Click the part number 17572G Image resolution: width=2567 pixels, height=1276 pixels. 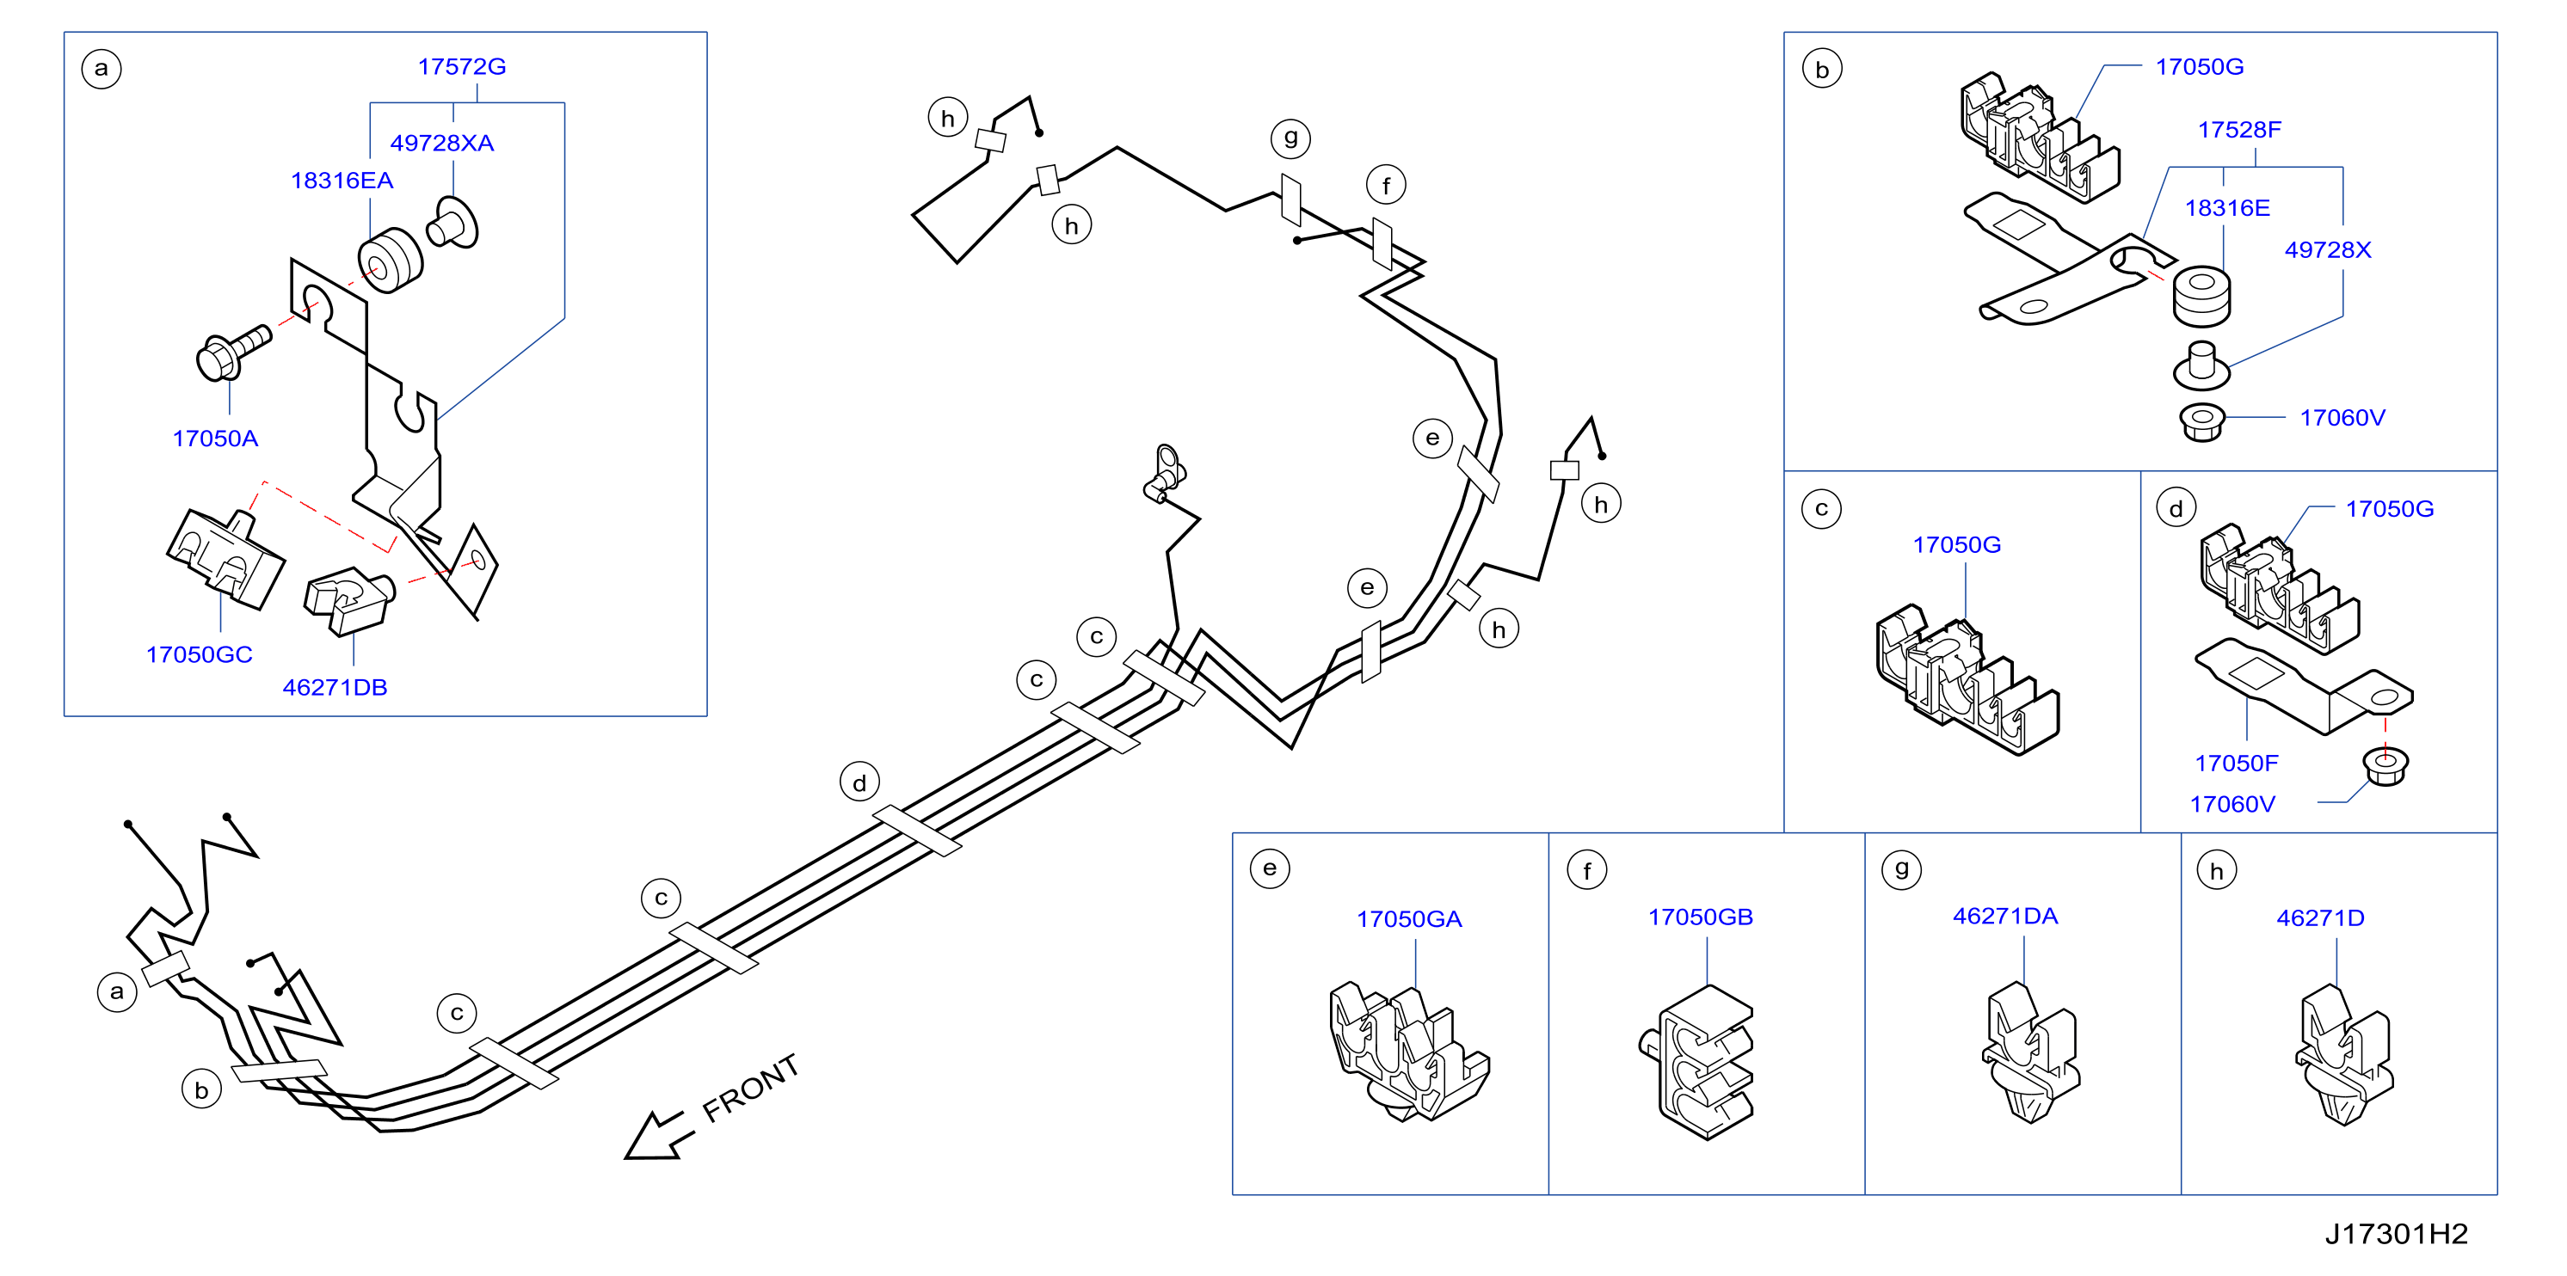[x=461, y=67]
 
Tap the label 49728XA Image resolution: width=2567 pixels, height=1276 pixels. [x=441, y=144]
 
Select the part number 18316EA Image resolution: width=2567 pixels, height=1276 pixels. [x=342, y=181]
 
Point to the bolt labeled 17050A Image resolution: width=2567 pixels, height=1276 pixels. [x=234, y=353]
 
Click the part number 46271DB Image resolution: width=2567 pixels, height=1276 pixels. [x=335, y=687]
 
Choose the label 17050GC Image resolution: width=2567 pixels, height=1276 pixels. [x=200, y=654]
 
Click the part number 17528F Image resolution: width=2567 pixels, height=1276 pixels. [x=2239, y=130]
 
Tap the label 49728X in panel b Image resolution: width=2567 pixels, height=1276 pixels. [x=2328, y=250]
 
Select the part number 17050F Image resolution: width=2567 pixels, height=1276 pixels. [x=2236, y=763]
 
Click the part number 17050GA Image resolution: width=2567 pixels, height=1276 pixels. [x=1409, y=918]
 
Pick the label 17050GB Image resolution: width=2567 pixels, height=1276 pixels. [x=1700, y=917]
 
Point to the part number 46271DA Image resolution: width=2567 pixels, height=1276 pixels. [x=2005, y=916]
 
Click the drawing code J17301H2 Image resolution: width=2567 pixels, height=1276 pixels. [x=2397, y=1234]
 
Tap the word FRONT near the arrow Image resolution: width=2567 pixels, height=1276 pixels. [x=750, y=1088]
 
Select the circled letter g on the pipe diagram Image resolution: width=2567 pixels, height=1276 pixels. [x=1290, y=138]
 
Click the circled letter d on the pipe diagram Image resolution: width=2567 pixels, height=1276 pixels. [x=859, y=783]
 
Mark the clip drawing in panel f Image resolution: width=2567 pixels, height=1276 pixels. [x=1697, y=1062]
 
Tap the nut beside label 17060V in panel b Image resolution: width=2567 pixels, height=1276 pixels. [x=2202, y=421]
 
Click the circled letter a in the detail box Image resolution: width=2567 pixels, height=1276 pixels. [x=101, y=69]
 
